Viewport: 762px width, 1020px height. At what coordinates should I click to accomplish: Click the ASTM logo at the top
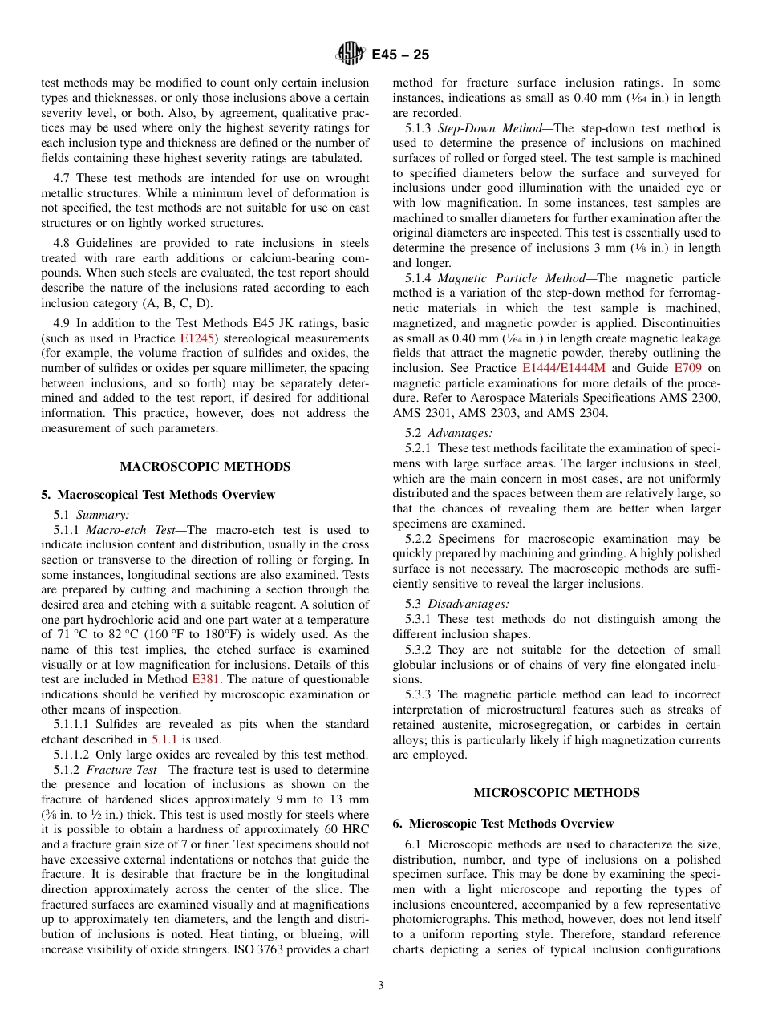(x=350, y=55)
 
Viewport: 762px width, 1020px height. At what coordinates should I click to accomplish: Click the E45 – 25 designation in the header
(x=400, y=55)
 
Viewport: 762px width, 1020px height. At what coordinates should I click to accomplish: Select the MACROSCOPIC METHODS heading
(x=205, y=467)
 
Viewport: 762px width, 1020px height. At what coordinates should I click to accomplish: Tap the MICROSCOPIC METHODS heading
(x=557, y=793)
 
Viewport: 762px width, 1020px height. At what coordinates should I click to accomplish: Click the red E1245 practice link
(x=197, y=338)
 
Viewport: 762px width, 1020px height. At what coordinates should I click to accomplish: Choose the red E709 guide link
(x=687, y=368)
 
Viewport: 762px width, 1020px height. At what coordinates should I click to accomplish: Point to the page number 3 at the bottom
(x=381, y=986)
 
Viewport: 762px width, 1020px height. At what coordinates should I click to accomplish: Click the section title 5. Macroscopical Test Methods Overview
(x=158, y=495)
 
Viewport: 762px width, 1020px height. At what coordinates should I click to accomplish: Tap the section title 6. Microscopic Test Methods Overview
(x=503, y=824)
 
